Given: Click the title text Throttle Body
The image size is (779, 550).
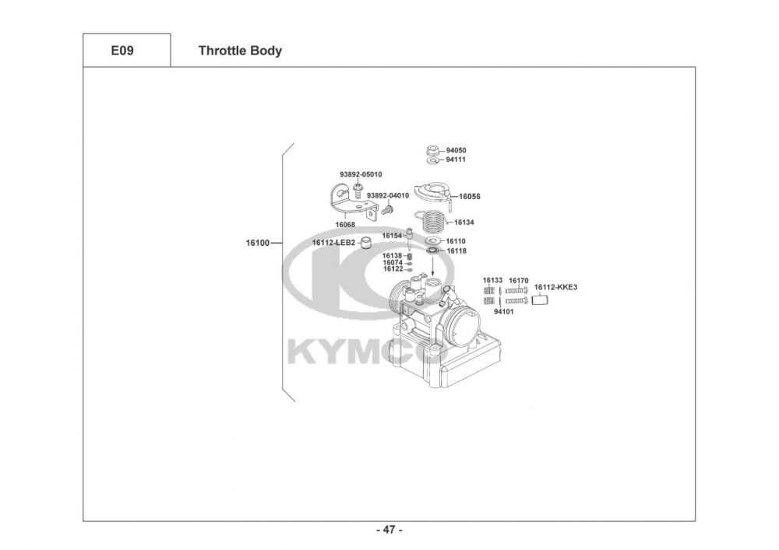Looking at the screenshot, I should [x=240, y=51].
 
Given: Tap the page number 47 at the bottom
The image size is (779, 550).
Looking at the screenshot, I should [x=389, y=531].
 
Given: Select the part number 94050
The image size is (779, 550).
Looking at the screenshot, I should [x=456, y=150].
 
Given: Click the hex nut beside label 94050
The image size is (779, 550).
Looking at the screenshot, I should [x=432, y=149].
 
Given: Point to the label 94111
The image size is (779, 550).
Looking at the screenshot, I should [x=456, y=159].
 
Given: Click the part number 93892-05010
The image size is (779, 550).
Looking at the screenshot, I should [x=361, y=174].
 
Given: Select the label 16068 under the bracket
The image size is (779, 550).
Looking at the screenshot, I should [x=345, y=225].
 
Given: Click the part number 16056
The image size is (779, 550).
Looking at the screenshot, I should [x=470, y=197].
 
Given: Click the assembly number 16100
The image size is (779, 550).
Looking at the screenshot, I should [x=257, y=243].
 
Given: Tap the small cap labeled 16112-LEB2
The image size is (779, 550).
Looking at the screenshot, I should [x=365, y=243].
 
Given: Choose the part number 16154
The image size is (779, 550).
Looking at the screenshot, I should [x=392, y=236].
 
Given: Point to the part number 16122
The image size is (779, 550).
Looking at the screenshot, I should [x=393, y=269].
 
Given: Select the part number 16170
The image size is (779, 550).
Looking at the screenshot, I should [x=519, y=280].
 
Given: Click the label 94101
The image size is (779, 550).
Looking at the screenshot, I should [x=504, y=312].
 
